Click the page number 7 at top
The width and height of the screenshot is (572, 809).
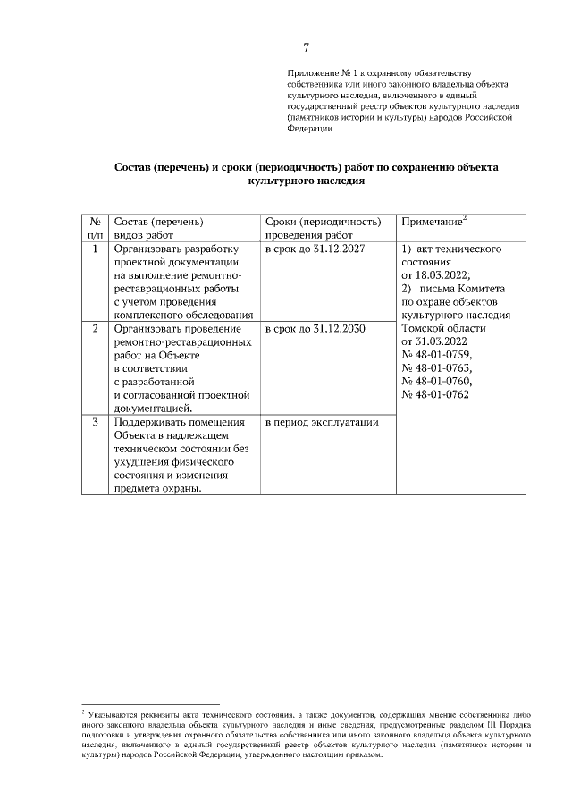point(306,47)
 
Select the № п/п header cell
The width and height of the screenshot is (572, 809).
point(95,228)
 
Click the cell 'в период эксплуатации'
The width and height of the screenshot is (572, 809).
point(322,422)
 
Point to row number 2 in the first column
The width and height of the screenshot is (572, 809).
point(95,329)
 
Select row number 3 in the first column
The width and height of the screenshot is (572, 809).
point(95,422)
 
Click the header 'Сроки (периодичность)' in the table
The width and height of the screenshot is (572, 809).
point(323,222)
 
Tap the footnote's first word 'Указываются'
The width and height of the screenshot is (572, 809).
point(113,715)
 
